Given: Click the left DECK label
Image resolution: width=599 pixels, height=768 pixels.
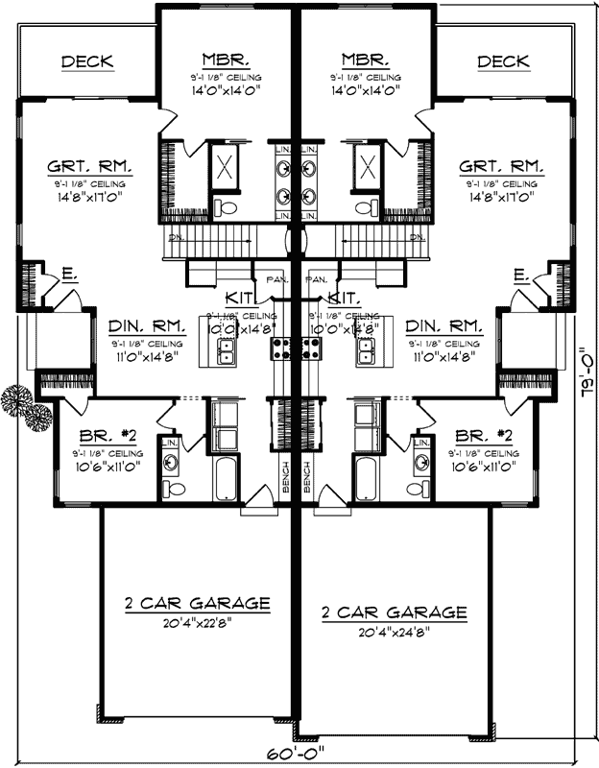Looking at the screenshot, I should point(87,62).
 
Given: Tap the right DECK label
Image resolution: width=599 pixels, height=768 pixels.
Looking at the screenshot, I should point(503,62).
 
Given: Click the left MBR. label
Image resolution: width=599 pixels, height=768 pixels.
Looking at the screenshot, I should point(228,57).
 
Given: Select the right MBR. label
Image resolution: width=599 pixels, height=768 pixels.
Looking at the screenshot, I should point(363,57).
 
